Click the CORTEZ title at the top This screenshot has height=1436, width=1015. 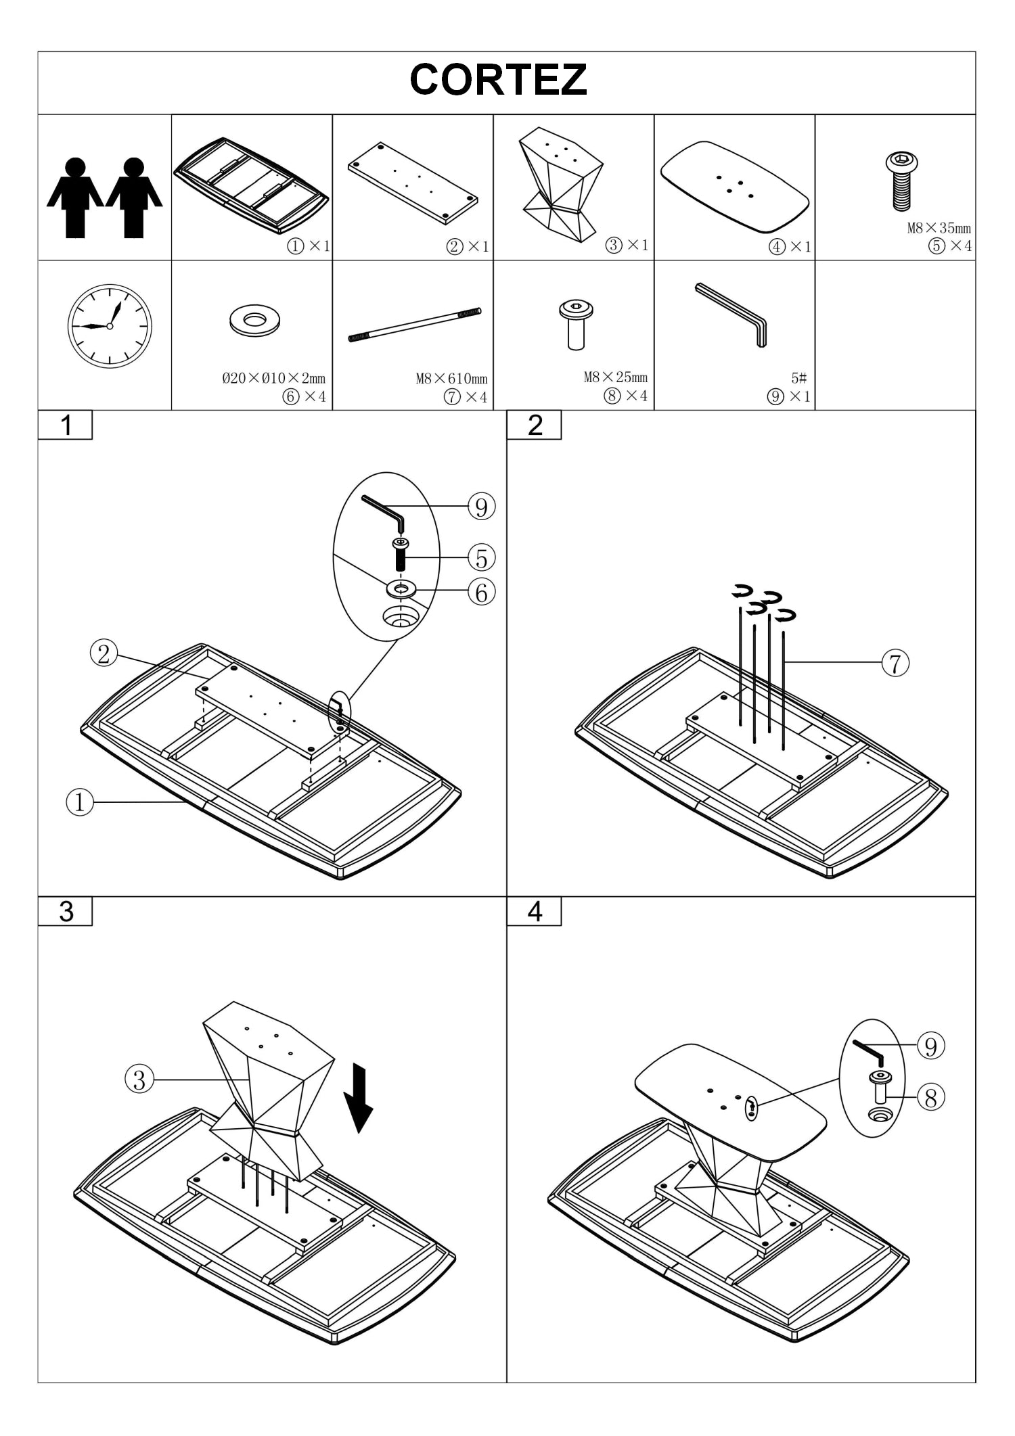[x=498, y=80]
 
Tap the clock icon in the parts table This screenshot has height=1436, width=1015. [x=110, y=326]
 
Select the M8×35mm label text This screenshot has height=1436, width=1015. [x=939, y=228]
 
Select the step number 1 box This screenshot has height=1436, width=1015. [x=65, y=425]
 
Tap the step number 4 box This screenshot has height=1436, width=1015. [x=534, y=911]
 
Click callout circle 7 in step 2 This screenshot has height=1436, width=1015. [x=895, y=662]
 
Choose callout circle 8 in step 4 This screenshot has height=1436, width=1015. [x=931, y=1097]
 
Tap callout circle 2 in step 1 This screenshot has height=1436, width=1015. [x=104, y=653]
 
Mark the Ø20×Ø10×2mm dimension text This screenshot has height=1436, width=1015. [x=273, y=378]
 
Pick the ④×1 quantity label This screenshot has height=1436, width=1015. [x=790, y=246]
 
